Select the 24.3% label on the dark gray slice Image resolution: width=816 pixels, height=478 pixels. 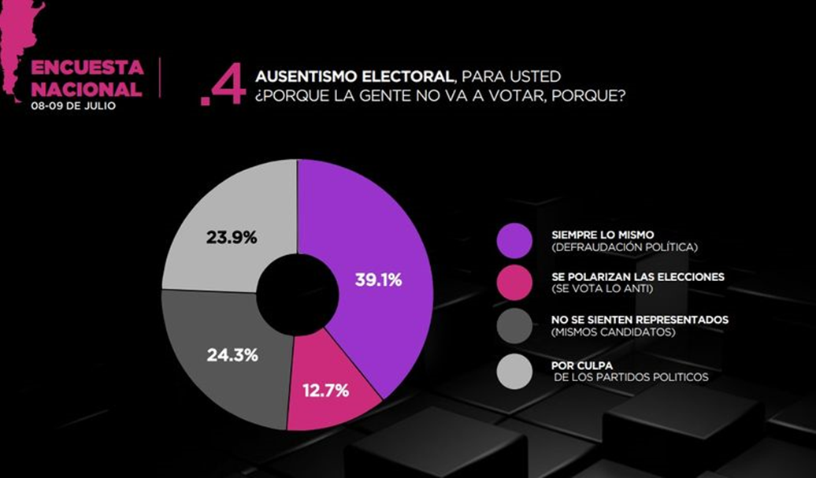coord(232,355)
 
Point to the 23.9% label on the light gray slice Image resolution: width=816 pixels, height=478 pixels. coord(232,236)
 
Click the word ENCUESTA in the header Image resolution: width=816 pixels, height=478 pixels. coord(87,66)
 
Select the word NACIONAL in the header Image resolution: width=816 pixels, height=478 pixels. coord(87,88)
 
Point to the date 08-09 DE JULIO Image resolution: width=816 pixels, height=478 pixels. coord(72,106)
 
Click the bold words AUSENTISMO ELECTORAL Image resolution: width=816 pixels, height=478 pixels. coord(354,76)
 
